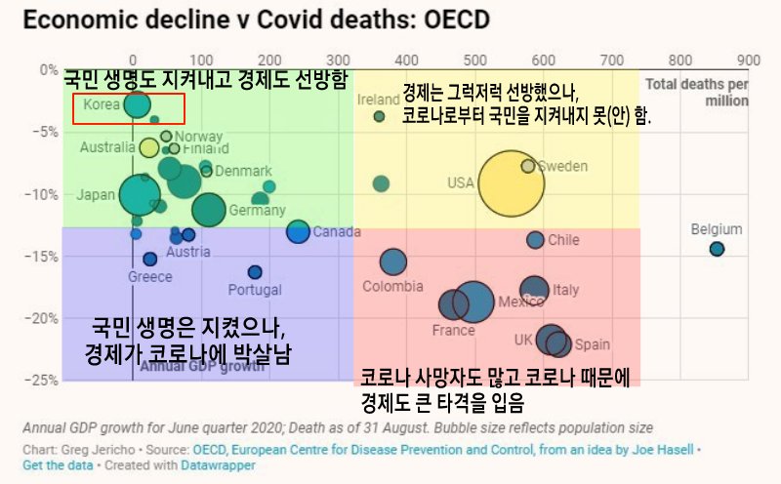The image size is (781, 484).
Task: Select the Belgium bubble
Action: click(717, 249)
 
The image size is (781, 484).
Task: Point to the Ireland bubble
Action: click(380, 117)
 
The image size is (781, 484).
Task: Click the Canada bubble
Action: click(298, 231)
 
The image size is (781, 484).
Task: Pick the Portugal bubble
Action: click(255, 272)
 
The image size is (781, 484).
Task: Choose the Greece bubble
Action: click(150, 259)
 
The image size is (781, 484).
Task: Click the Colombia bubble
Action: click(392, 262)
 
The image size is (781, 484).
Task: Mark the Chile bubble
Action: click(535, 240)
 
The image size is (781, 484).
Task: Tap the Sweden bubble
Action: click(528, 166)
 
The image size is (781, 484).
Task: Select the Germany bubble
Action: click(207, 209)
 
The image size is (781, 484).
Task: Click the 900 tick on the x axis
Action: click(748, 59)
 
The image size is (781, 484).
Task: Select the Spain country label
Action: click(592, 344)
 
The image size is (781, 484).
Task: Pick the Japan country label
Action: click(96, 194)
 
